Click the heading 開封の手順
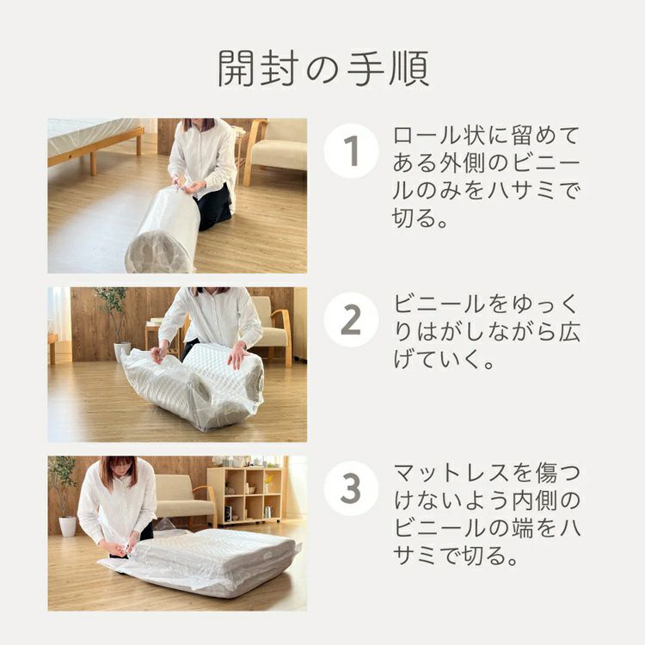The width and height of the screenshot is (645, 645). tap(323, 69)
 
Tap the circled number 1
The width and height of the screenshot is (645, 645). tap(351, 150)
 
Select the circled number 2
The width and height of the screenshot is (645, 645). tap(351, 320)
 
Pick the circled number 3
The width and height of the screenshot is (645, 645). tap(351, 488)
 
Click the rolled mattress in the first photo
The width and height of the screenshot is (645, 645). tap(163, 230)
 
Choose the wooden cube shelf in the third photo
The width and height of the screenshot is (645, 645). tap(244, 495)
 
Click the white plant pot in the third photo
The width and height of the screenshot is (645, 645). tap(67, 526)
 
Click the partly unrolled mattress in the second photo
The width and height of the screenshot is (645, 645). tap(193, 387)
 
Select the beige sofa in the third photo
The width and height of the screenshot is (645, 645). tap(185, 500)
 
